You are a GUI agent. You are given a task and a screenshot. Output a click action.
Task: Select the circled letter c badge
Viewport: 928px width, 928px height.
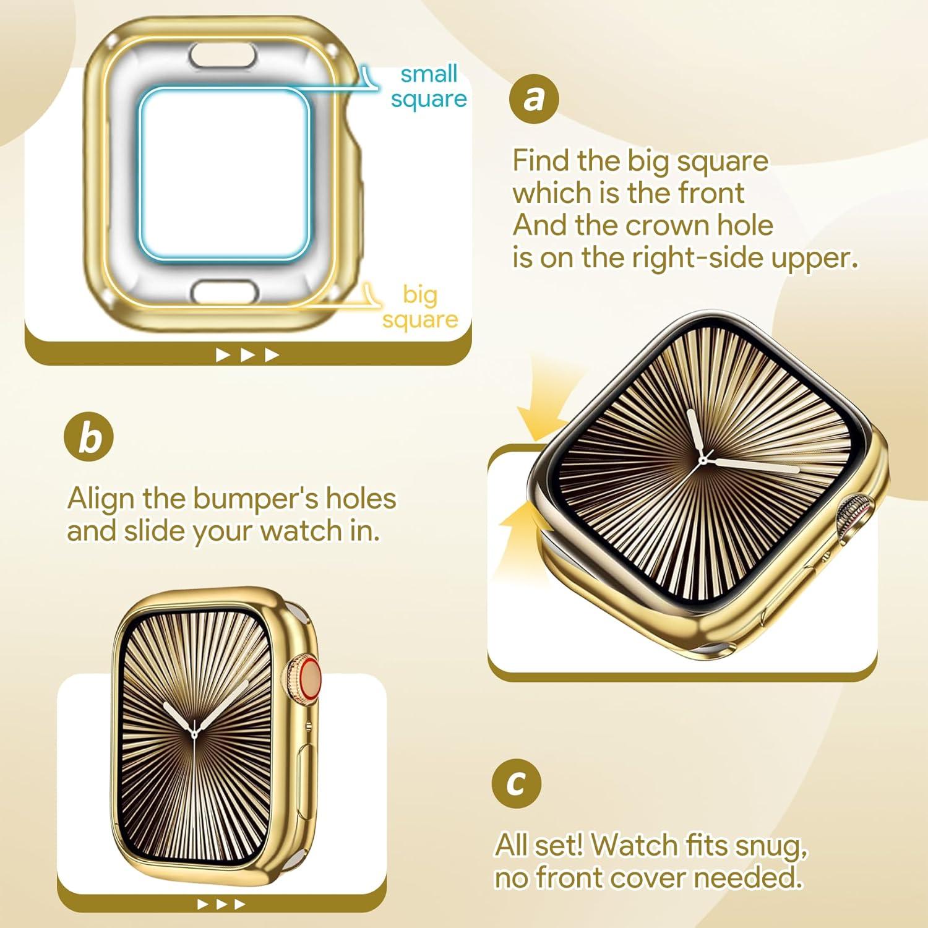[x=516, y=782]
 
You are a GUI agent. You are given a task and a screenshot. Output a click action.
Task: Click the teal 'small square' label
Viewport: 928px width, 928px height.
[x=429, y=87]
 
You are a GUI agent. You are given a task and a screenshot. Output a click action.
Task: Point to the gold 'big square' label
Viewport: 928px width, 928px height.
[x=420, y=307]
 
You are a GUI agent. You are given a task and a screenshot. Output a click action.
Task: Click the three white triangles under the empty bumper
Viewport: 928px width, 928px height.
[x=247, y=355]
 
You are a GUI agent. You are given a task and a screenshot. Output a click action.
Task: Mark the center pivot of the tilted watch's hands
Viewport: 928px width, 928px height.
[x=703, y=460]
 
